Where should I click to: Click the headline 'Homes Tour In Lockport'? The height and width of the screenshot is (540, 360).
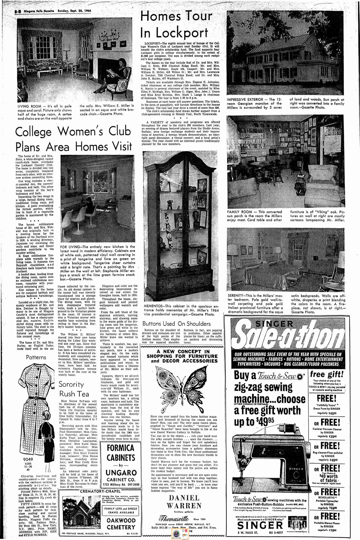click(174, 24)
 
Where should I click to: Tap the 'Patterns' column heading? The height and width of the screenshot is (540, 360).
click(36, 357)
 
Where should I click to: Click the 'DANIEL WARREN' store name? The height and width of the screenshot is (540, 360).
click(184, 502)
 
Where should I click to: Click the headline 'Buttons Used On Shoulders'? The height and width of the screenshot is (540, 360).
click(176, 324)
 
